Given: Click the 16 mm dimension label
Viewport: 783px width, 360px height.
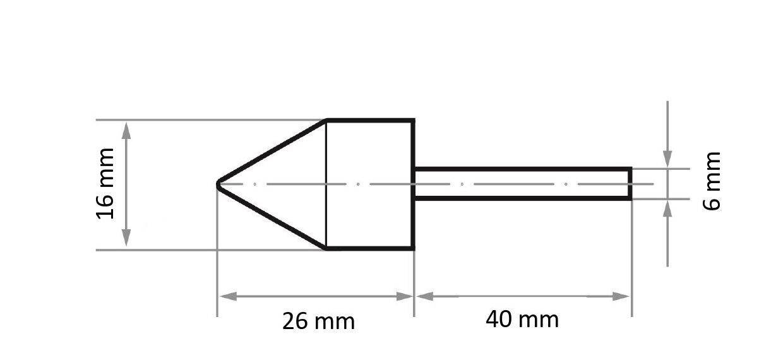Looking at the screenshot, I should (105, 184).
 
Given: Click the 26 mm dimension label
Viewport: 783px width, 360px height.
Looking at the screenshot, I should (318, 321).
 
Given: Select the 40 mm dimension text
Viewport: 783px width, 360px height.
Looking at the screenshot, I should (522, 320).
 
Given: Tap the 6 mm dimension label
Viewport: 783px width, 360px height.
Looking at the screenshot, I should (712, 181).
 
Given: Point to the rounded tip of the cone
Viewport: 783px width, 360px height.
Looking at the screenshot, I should (218, 184).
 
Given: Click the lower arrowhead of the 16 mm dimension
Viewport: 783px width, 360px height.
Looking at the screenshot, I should (126, 240).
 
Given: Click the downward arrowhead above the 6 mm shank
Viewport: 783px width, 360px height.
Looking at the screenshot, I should (668, 161).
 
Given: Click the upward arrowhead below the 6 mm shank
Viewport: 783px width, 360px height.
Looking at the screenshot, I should (668, 207).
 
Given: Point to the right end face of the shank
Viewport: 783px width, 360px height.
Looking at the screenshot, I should (630, 184).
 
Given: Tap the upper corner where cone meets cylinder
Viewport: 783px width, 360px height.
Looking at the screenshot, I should (326, 120).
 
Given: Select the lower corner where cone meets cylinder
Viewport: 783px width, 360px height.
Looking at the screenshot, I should (326, 248).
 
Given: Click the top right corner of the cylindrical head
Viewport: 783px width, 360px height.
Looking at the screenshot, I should (413, 120).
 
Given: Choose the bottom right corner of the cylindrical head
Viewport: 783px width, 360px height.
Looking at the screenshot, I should (413, 248).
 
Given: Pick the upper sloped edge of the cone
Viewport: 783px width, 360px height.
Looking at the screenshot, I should (272, 152).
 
